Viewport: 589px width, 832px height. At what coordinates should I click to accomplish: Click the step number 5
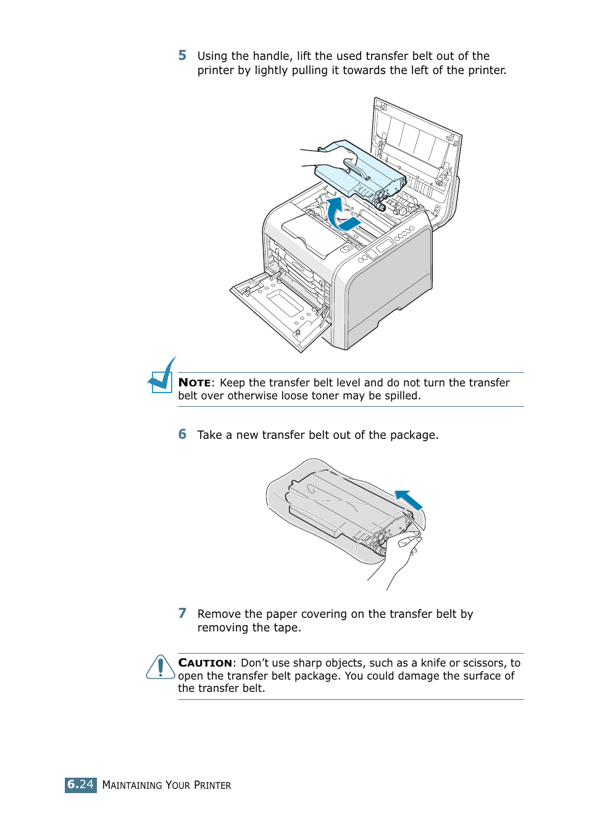point(182,56)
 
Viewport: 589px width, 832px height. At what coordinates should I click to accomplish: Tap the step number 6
point(182,435)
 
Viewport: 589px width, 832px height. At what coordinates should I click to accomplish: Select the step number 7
point(182,614)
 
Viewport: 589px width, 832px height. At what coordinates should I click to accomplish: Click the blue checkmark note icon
point(162,376)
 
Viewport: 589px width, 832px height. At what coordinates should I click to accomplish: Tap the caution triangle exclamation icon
point(161,668)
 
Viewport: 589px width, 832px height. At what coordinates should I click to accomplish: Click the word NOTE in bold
point(194,383)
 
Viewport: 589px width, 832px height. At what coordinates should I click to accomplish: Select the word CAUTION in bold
point(205,663)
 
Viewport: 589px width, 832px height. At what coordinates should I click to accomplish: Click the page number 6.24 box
point(80,784)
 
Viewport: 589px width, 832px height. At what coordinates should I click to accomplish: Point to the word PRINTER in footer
point(212,785)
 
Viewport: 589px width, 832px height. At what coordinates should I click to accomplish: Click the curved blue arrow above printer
point(336,213)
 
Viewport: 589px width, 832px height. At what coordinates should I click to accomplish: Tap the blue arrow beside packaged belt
point(409,499)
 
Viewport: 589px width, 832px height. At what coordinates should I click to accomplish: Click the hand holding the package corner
point(404,552)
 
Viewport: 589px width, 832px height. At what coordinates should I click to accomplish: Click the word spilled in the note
point(402,396)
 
